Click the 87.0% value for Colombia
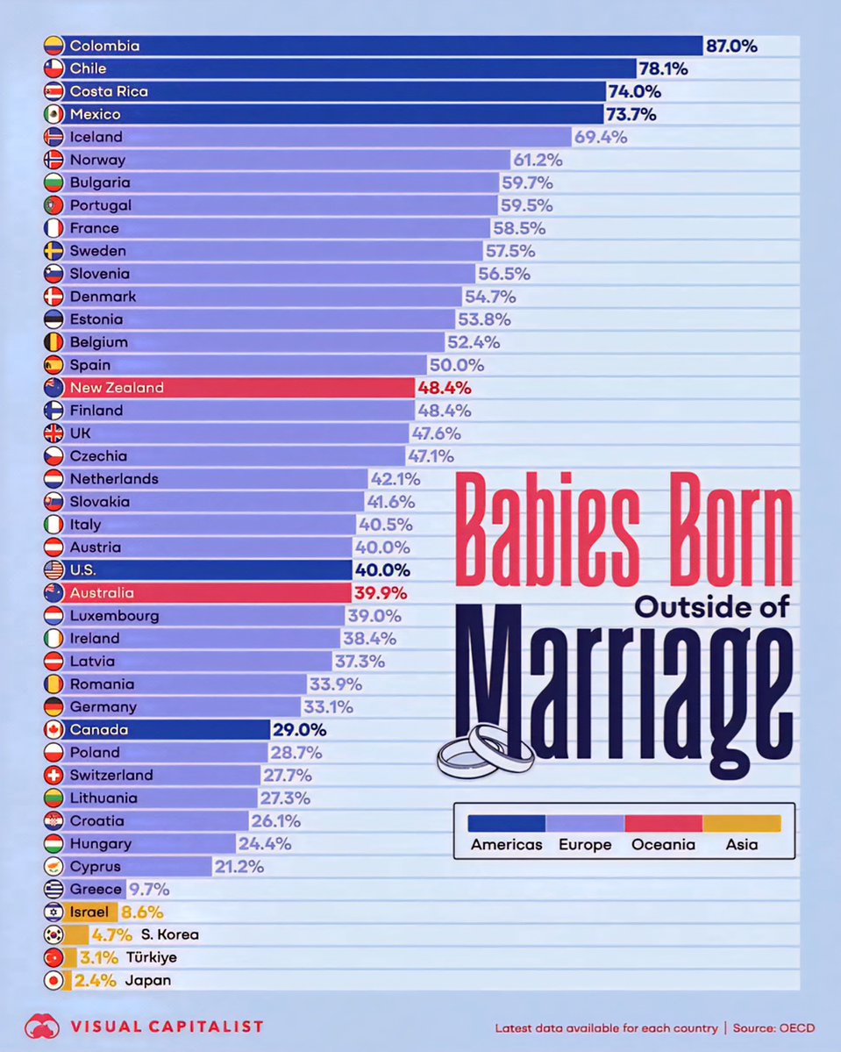coord(731,46)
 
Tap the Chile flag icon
coord(53,68)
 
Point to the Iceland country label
coord(96,137)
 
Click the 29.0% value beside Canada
coord(300,730)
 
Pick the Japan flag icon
coord(53,981)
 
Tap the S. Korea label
coord(169,935)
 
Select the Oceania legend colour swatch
coord(663,823)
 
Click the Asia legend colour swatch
coord(742,823)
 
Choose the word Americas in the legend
coord(506,845)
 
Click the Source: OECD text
coord(771,1027)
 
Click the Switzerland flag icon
coord(53,776)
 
